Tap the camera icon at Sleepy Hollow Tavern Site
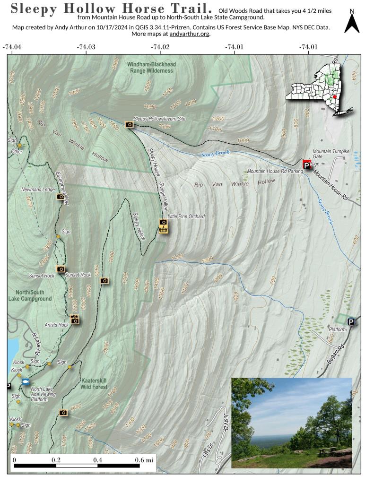(129, 124)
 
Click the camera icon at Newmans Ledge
(61, 196)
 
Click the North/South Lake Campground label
(30, 295)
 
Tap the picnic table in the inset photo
(327, 450)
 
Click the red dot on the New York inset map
(334, 96)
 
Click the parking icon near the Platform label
(351, 322)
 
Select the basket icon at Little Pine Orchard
(163, 229)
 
